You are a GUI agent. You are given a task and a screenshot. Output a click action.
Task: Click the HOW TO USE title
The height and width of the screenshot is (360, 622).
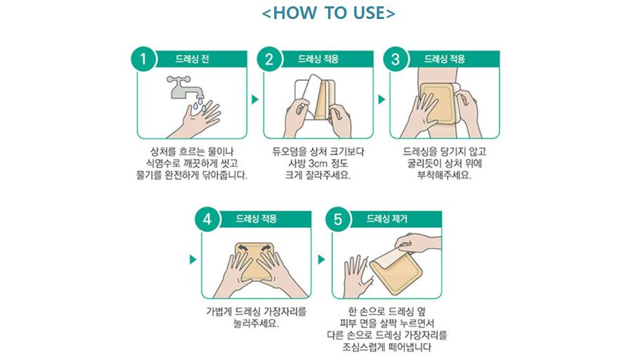(328, 13)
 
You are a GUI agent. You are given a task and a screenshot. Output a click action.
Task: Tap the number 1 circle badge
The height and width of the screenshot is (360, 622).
(143, 59)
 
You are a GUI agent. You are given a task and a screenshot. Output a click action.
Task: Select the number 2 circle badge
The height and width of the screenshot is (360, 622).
(269, 59)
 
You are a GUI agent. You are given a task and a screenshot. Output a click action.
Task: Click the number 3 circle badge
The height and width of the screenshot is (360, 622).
(396, 59)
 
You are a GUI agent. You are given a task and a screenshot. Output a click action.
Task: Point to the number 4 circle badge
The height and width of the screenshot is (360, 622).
(207, 219)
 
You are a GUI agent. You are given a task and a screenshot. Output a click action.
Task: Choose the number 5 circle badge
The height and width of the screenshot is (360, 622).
(338, 219)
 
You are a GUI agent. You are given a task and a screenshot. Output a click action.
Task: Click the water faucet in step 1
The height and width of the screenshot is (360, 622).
(184, 87)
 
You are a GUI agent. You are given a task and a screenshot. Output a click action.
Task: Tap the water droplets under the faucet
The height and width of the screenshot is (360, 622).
(198, 104)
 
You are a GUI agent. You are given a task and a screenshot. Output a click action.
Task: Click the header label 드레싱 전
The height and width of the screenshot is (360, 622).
(193, 59)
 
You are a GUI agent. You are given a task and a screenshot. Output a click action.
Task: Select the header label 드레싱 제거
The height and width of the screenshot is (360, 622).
(387, 219)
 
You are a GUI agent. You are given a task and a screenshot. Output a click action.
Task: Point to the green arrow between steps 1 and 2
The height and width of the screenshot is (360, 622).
(255, 99)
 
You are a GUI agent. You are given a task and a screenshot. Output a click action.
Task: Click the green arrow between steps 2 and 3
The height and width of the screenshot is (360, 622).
(382, 99)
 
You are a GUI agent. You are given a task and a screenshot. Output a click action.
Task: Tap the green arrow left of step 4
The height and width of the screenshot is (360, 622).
(193, 259)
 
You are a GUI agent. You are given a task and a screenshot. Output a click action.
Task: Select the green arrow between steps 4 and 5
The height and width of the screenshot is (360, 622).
(322, 259)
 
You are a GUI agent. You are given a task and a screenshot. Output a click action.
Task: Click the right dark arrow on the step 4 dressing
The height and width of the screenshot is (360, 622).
(266, 249)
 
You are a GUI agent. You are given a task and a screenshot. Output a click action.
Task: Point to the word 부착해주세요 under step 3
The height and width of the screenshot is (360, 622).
(444, 175)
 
